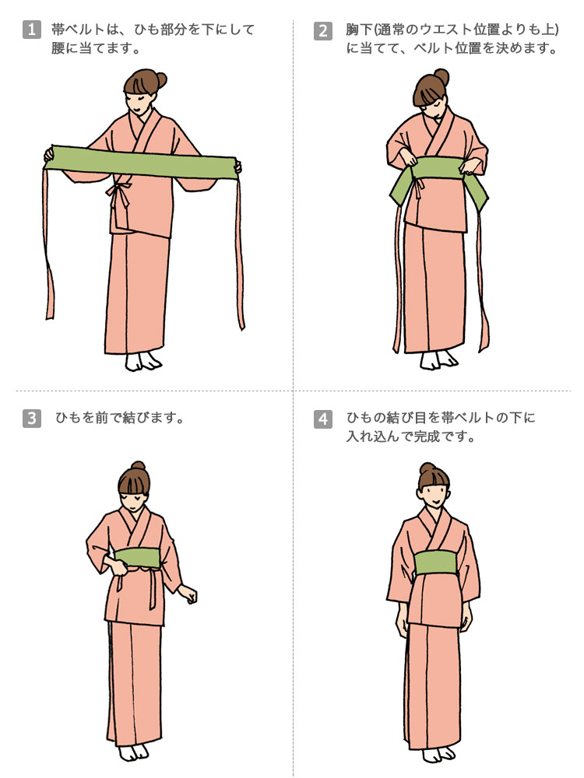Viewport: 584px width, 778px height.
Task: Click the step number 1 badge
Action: pyautogui.click(x=31, y=30)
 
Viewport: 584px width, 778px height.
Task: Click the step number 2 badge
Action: pyautogui.click(x=323, y=31)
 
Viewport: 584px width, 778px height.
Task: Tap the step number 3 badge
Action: pyautogui.click(x=31, y=419)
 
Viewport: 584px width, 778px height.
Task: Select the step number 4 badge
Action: pyautogui.click(x=323, y=419)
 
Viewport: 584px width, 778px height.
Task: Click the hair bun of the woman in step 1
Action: pyautogui.click(x=160, y=79)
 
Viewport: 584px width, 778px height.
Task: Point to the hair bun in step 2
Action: pyautogui.click(x=441, y=76)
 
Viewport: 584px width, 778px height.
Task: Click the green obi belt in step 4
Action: pyautogui.click(x=435, y=562)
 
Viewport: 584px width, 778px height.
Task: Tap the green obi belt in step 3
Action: pyautogui.click(x=136, y=558)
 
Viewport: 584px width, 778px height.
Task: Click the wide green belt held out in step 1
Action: pyautogui.click(x=143, y=162)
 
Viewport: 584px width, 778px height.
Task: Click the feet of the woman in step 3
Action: pyautogui.click(x=134, y=752)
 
